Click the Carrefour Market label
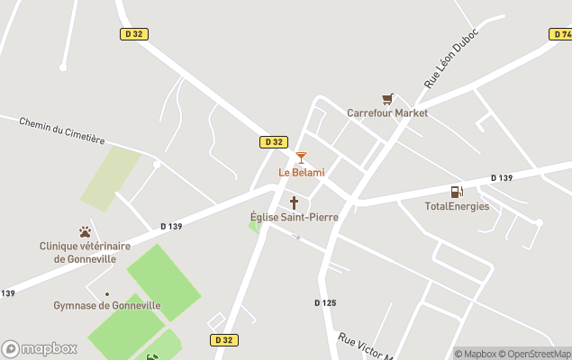tap(387, 113)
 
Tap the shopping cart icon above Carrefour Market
tap(387, 99)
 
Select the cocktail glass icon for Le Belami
tap(301, 157)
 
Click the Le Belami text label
tap(301, 173)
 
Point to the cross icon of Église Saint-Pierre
tap(294, 202)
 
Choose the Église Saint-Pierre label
tap(294, 217)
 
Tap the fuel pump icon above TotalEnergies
tap(457, 192)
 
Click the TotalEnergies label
tap(457, 206)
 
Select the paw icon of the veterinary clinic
tap(85, 232)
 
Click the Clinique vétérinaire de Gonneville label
tap(85, 252)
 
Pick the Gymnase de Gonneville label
tap(106, 305)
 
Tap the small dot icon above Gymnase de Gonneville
tap(106, 293)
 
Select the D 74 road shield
tap(560, 34)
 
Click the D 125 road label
tap(325, 303)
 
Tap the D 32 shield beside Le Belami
tap(274, 142)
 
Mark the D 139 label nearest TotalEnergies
tap(502, 178)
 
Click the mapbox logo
tap(39, 348)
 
